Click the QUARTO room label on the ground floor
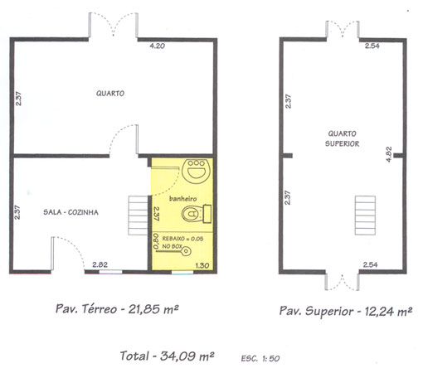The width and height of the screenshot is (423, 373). coord(110,94)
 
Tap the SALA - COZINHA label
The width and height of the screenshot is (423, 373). coord(70,212)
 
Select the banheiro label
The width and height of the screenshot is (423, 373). coord(182,199)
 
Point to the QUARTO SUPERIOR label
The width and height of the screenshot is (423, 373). coord(342,138)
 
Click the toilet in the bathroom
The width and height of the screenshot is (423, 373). coord(197,214)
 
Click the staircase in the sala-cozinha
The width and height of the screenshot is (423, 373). coord(139,216)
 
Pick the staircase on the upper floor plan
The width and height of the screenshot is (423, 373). coord(365,216)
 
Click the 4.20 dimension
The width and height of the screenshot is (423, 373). coord(158,46)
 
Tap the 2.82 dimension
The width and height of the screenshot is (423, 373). coord(100,264)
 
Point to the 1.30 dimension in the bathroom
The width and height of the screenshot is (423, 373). coord(202,265)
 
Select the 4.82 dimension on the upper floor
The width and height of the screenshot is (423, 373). coord(389,154)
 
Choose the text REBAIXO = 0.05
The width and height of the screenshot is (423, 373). coord(182,239)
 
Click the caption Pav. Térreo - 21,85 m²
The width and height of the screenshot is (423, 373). coord(117,308)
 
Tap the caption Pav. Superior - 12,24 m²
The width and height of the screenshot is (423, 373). coord(346,311)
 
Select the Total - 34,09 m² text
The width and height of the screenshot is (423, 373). coord(168,356)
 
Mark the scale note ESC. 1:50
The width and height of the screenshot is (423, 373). coord(260,358)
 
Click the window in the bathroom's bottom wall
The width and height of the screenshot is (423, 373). coord(182,273)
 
